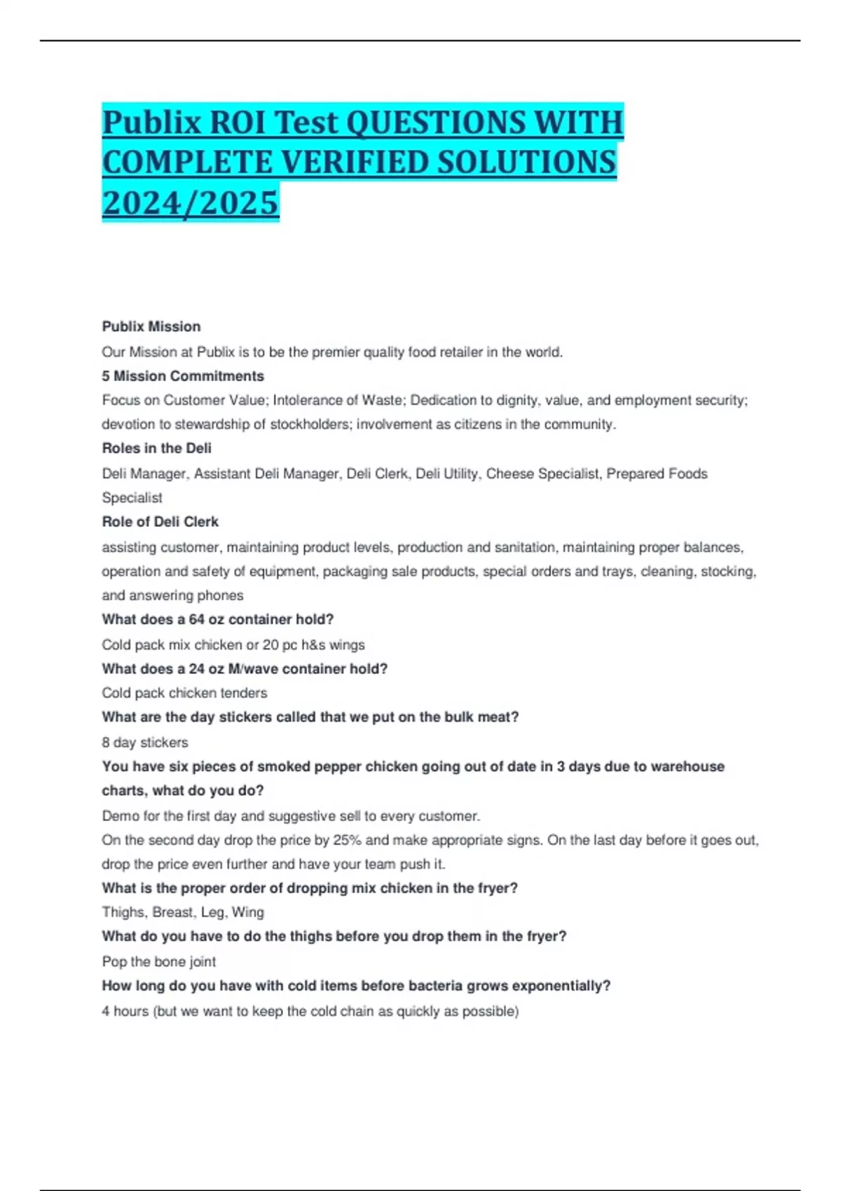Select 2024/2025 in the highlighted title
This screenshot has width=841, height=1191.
point(191,203)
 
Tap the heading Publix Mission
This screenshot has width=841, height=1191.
point(151,326)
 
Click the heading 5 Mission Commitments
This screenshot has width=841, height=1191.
point(183,376)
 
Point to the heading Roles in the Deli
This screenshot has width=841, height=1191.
point(157,448)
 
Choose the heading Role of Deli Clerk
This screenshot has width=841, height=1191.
point(160,522)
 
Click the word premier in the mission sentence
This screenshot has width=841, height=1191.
point(334,352)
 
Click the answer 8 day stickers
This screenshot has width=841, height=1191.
point(145,743)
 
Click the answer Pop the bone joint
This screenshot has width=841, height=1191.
point(159,962)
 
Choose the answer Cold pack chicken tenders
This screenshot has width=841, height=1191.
point(184,694)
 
